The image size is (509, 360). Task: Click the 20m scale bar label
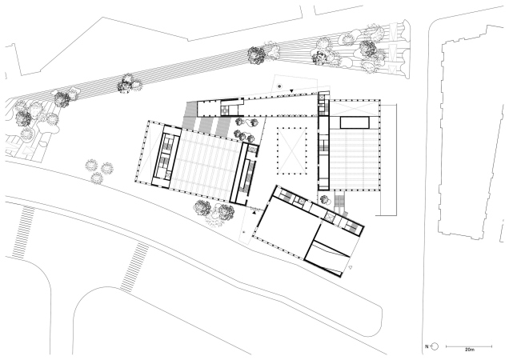point(470,350)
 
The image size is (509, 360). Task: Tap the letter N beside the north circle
point(427,346)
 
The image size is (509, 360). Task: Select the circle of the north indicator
point(435,346)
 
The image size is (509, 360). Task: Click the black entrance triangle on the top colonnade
point(292,91)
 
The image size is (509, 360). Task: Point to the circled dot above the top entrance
point(279,86)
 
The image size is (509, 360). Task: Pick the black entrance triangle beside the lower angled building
point(254,213)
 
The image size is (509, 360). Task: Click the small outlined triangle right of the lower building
point(350,267)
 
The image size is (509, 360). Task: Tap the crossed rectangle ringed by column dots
point(292,151)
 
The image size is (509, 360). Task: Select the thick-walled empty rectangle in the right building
point(355,122)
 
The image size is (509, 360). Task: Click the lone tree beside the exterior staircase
point(324,199)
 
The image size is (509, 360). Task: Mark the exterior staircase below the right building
point(339,201)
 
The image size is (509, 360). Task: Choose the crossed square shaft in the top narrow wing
point(224,111)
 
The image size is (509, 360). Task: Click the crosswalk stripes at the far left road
point(22,232)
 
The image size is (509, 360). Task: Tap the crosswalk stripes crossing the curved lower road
point(134,267)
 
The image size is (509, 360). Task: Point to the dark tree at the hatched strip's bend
point(256,54)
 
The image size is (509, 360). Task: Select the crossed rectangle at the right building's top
point(355,108)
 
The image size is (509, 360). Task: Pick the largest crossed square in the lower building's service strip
point(331,216)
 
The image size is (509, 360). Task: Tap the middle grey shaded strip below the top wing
point(206,125)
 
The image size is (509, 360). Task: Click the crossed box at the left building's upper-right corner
point(253,149)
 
